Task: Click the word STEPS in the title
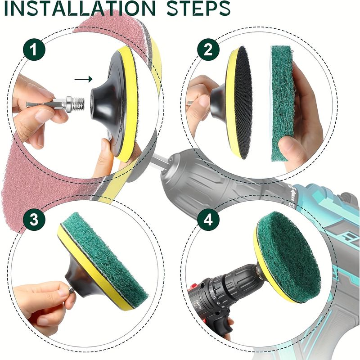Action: click(x=198, y=8)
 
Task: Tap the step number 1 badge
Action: click(x=34, y=49)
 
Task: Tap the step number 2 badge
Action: click(x=208, y=49)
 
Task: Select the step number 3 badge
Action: click(x=34, y=220)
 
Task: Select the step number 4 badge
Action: click(x=208, y=220)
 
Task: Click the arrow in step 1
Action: click(x=83, y=80)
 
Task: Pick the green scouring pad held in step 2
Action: click(x=282, y=103)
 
